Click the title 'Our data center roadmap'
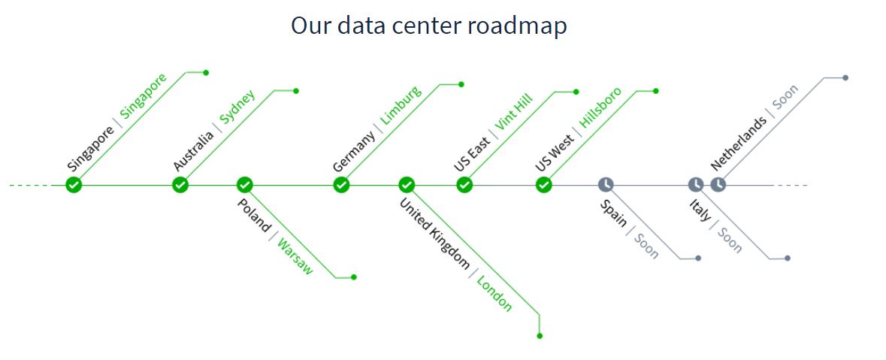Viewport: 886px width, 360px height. tap(428, 26)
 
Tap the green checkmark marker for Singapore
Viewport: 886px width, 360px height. tap(73, 185)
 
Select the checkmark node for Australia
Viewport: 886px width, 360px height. tap(180, 185)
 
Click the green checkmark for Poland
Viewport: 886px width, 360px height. tap(244, 185)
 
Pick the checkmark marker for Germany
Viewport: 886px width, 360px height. tap(341, 185)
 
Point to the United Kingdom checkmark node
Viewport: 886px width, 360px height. tap(407, 185)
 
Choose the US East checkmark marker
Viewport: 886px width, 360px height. tap(464, 185)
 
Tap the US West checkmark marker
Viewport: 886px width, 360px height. tap(544, 185)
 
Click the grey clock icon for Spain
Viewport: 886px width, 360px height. tap(606, 185)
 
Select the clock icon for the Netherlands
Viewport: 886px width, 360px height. tap(718, 185)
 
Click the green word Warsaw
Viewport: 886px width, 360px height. tap(295, 256)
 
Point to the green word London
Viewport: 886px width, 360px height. tap(494, 295)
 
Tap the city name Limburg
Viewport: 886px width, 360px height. tap(401, 105)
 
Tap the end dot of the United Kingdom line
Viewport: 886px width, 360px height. tap(540, 336)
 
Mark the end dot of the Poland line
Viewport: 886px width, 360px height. tap(354, 277)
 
